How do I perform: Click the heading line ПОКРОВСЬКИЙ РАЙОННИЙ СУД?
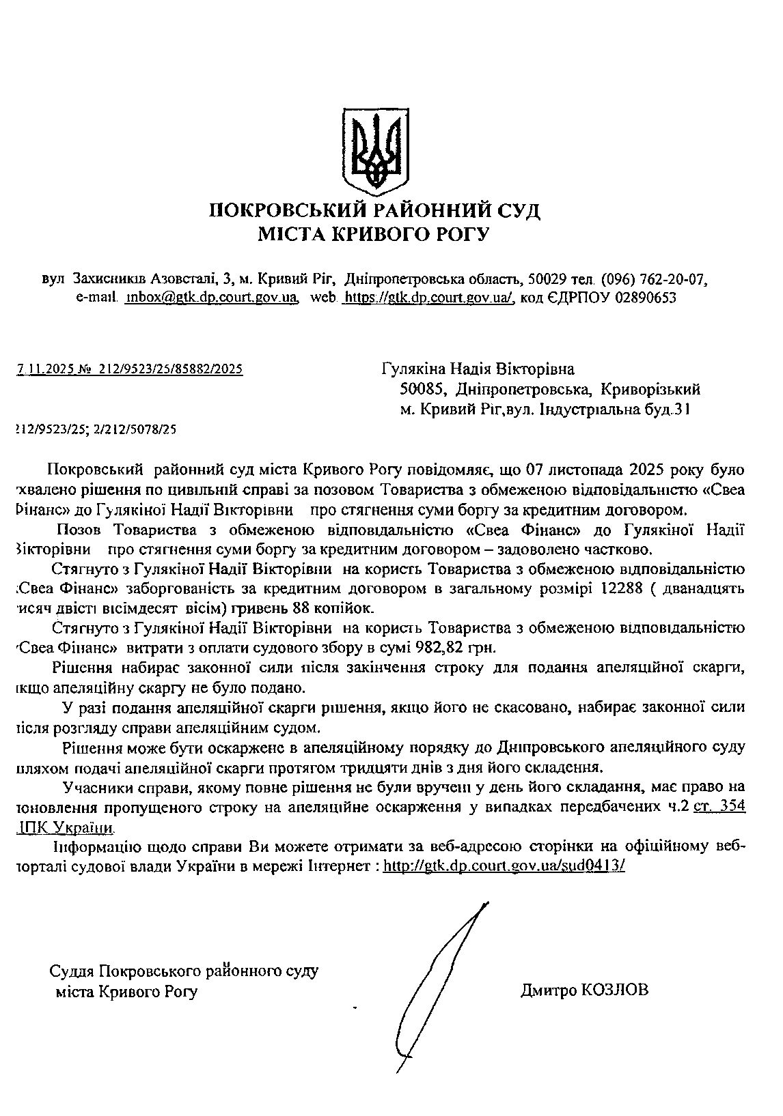pos(374,210)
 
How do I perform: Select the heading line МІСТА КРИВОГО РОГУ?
pos(374,235)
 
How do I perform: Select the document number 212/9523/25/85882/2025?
pos(171,369)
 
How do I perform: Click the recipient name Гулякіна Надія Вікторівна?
pos(478,369)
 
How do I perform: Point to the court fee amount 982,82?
pos(427,646)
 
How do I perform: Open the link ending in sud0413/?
pos(504,865)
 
